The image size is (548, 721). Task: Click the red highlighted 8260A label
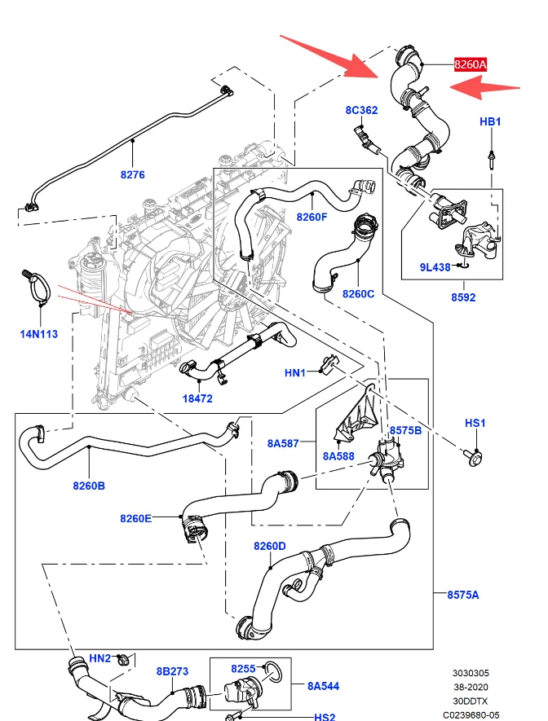pos(471,64)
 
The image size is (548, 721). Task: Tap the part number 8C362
pos(361,110)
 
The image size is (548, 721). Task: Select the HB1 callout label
pos(490,122)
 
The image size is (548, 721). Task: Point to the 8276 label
pos(132,174)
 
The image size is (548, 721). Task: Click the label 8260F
pos(312,217)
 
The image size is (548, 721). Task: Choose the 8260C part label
pos(359,294)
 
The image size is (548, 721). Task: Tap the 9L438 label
pos(435,267)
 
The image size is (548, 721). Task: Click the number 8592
pos(463,297)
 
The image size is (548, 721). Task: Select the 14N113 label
pos(39,334)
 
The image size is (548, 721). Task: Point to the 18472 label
pos(197,398)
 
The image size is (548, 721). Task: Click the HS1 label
pos(475,423)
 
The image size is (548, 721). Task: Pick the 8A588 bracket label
pos(338,456)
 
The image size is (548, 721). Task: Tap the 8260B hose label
pos(89,486)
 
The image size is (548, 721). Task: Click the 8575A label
pos(463,595)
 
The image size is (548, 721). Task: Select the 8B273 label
pos(172,672)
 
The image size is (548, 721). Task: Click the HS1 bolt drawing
pos(474,458)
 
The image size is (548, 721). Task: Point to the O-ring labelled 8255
pos(273,672)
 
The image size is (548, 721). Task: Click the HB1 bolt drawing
pos(492,160)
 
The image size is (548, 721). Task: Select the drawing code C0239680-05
pos(471,715)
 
